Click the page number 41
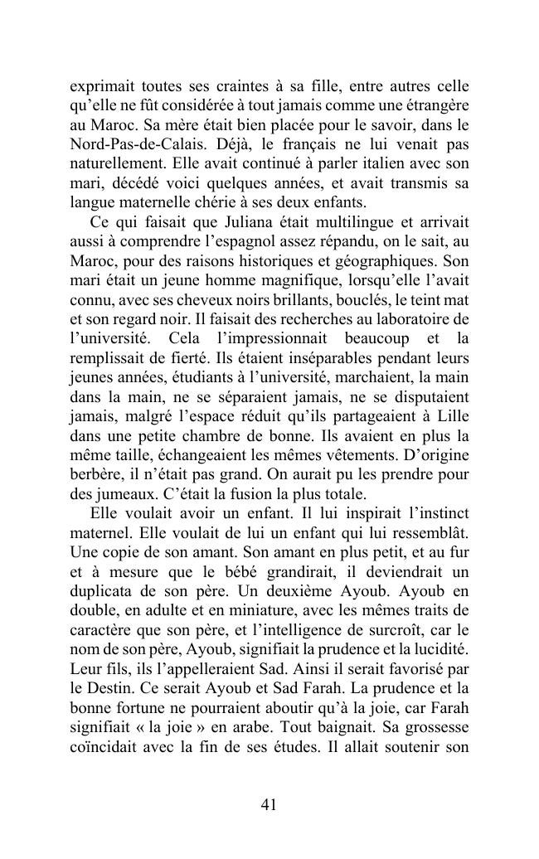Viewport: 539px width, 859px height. click(269, 803)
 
